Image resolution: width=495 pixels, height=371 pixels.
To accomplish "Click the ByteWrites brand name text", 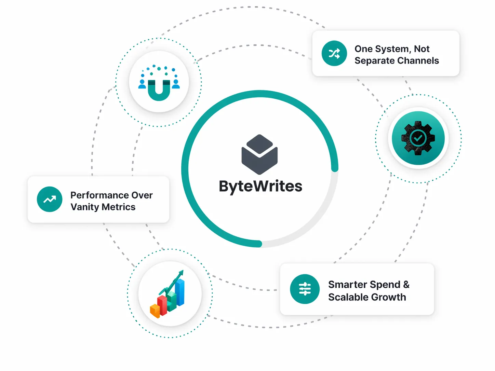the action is coord(260,187).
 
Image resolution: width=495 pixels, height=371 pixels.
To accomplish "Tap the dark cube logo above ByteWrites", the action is coord(259,154).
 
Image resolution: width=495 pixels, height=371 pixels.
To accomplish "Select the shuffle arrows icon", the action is coord(334,53).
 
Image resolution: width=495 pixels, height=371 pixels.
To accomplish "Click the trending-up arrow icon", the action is coord(50,199).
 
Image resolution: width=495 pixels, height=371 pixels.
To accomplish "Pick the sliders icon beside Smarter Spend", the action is coord(305,289).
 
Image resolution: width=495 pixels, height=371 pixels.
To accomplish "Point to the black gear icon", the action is coord(418,138).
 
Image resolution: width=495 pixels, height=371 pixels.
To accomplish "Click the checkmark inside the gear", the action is coord(418,138).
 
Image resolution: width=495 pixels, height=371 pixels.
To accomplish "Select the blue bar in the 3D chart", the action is coord(180,292).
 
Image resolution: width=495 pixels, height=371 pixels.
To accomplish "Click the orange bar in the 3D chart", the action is coord(155,311).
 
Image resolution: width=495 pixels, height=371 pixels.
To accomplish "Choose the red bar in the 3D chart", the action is coord(162,305).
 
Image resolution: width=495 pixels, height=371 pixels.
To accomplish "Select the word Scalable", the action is coord(348,297).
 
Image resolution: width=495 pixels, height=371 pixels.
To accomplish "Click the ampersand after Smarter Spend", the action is coord(406,285).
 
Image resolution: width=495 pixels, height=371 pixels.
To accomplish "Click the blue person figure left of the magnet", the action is coord(142,84).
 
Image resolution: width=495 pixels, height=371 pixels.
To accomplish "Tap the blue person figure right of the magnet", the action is coord(176,84).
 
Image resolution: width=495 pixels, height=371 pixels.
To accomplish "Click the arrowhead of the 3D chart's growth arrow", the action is coord(181,273).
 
